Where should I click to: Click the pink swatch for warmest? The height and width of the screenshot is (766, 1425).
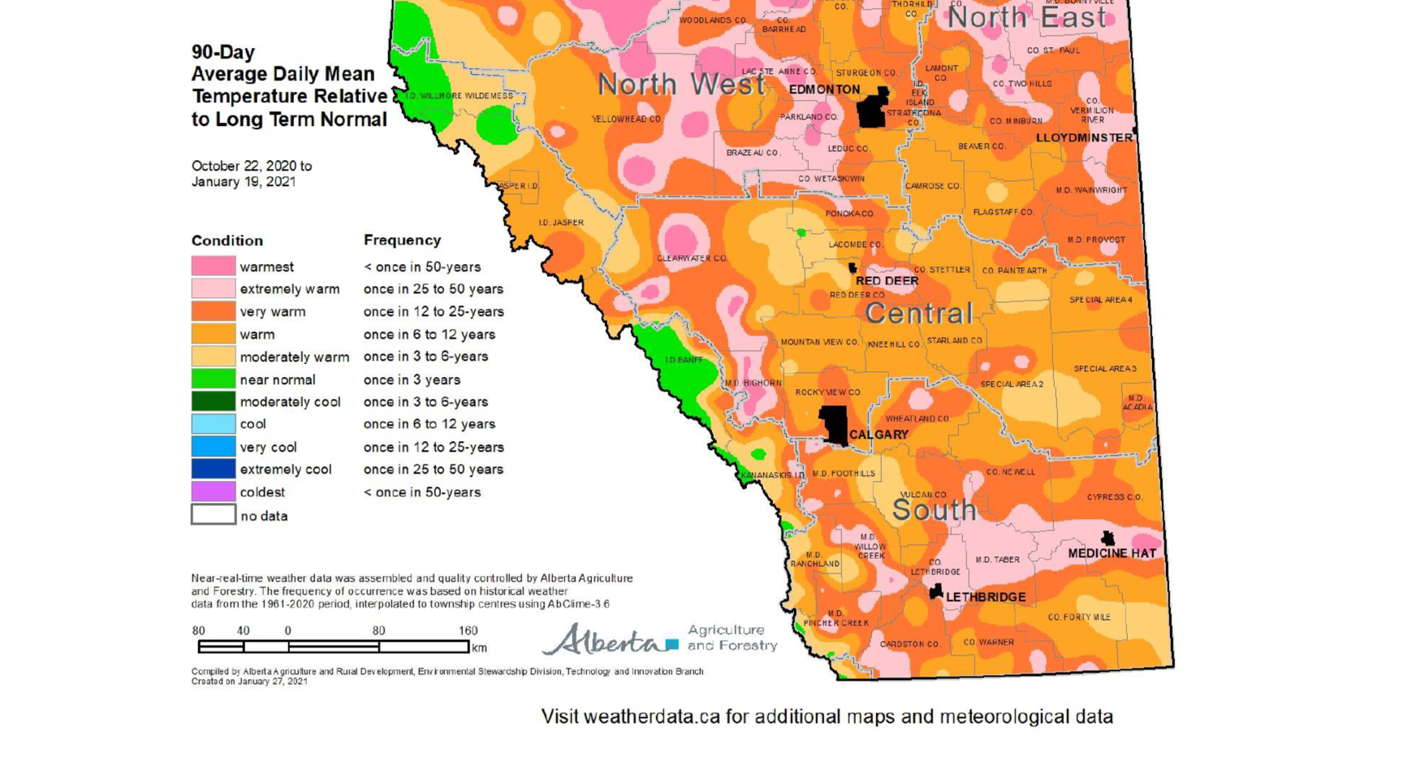[x=214, y=266]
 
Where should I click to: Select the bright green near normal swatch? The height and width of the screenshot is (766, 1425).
[x=214, y=379]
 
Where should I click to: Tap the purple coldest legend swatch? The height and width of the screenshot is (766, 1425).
[x=214, y=491]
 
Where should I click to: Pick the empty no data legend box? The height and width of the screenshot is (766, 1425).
[x=214, y=515]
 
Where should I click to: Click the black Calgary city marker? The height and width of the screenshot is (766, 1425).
[x=834, y=424]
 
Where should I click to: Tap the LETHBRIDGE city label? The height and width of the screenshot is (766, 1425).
[x=985, y=597]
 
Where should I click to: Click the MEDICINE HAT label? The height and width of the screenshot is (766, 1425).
[x=1112, y=553]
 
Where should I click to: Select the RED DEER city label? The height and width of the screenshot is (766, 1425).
[x=887, y=281]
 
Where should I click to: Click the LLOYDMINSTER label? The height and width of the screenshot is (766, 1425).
[x=1084, y=138]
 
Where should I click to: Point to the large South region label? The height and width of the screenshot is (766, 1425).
[x=934, y=510]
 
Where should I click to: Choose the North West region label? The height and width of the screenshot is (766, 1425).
[x=681, y=84]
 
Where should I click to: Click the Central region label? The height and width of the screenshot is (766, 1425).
[x=918, y=314]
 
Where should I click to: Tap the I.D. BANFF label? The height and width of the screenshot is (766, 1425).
[x=684, y=360]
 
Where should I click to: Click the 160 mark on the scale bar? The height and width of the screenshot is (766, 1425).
[x=468, y=631]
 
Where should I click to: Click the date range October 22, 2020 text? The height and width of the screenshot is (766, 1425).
[x=251, y=166]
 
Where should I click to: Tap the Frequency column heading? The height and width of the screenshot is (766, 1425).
[x=402, y=240]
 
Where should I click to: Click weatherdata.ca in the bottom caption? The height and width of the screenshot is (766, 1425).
[x=651, y=717]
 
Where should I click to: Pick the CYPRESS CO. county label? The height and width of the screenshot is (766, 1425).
[x=1114, y=497]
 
